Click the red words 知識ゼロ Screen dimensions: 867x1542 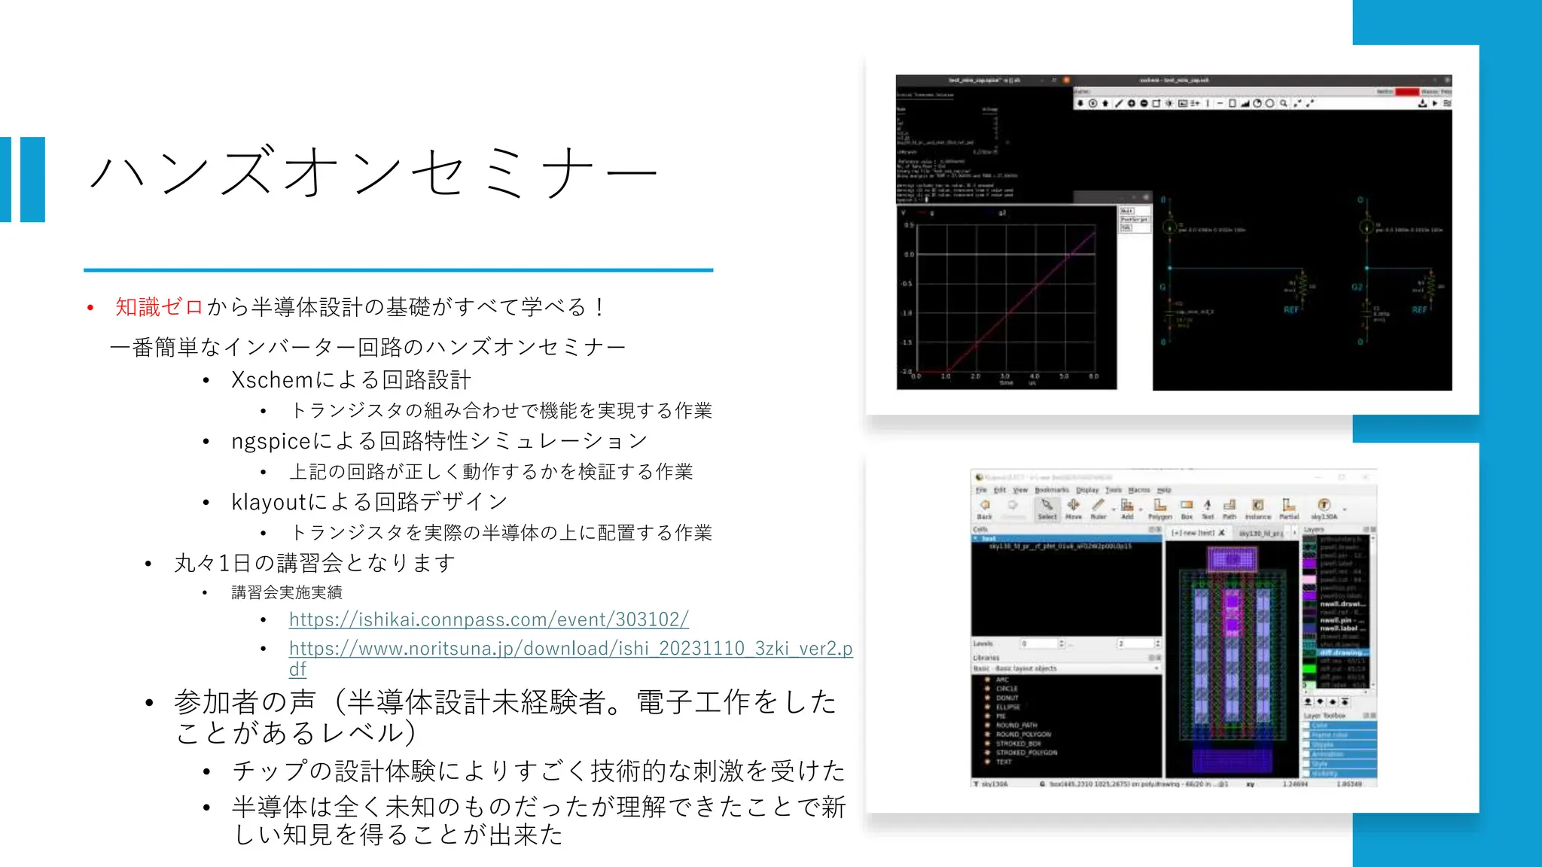tap(159, 307)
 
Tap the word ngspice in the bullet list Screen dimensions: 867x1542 tap(271, 441)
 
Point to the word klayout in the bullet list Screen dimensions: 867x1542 tap(269, 502)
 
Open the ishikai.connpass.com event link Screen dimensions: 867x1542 tap(489, 619)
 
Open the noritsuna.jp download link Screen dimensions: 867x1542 tap(571, 649)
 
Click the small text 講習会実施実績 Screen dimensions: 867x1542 tap(287, 592)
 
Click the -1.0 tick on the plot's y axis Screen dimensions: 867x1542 tap(907, 313)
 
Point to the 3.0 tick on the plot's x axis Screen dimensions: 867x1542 tap(1004, 376)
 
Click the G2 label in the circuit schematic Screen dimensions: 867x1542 tap(1357, 287)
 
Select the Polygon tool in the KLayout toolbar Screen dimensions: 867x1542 tap(1160, 508)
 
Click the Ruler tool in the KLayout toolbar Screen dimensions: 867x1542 tap(1099, 508)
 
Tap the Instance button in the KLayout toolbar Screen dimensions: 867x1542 tap(1257, 508)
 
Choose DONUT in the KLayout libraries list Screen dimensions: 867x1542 tap(1007, 698)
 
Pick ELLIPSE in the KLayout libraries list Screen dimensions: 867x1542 tap(1007, 707)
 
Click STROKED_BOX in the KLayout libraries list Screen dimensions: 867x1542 tap(1018, 744)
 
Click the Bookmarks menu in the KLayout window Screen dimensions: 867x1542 tap(1051, 490)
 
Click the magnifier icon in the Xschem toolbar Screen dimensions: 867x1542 tap(1284, 104)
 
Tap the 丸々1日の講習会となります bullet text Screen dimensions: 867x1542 tap(315, 563)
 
